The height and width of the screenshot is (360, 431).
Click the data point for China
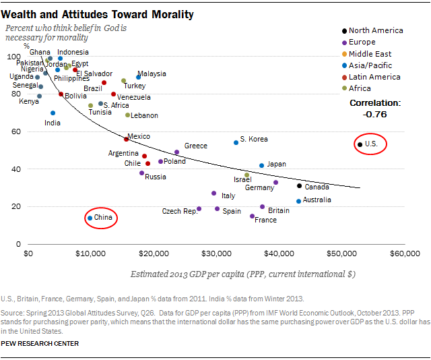point(90,218)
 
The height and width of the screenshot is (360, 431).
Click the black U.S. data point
point(360,144)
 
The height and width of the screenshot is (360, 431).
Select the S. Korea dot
point(236,142)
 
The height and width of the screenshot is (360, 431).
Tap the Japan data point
point(262,165)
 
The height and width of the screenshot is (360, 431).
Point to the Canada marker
point(300,186)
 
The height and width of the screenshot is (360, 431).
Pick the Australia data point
point(299,201)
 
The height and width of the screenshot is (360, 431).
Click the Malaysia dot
point(139,77)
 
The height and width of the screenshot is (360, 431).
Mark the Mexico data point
point(126,139)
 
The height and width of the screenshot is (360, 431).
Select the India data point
point(53,113)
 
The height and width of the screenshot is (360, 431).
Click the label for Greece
point(195,146)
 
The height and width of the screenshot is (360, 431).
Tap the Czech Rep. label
point(180,211)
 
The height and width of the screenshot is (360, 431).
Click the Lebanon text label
point(144,115)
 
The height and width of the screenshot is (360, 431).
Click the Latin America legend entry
point(375,77)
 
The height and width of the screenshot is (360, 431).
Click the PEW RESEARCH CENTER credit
point(40,344)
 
